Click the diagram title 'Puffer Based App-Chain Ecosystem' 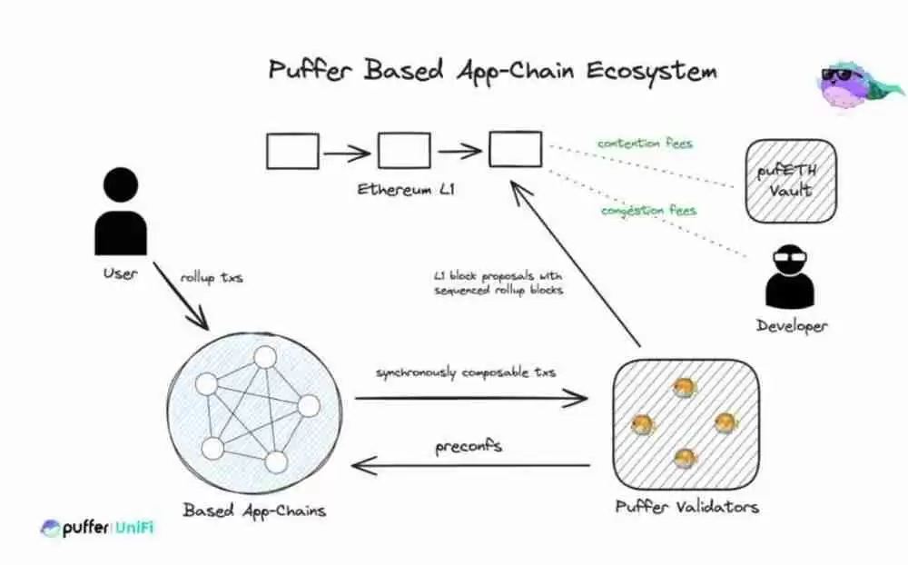pos(491,71)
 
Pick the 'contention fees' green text pos(645,144)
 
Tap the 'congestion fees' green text pos(648,211)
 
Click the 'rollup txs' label pos(212,277)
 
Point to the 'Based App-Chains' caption pos(253,510)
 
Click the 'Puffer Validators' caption pos(686,506)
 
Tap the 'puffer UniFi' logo pos(96,528)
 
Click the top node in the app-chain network pos(264,357)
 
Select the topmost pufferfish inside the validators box pos(684,388)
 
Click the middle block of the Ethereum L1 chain pos(404,151)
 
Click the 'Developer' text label pos(792,325)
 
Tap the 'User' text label pos(120,273)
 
